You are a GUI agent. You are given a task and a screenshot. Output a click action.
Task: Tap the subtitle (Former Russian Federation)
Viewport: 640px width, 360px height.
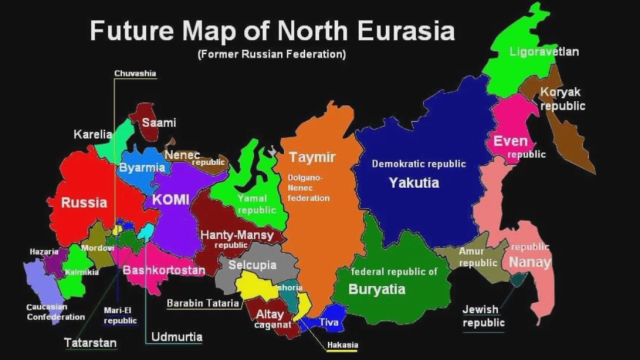[x=272, y=53]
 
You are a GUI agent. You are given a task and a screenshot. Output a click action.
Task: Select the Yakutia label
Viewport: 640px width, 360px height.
[x=414, y=182]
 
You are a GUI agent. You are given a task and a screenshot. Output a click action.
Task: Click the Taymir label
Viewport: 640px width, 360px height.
[x=313, y=158]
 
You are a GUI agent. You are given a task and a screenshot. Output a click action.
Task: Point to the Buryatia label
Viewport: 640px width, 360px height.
[x=377, y=289]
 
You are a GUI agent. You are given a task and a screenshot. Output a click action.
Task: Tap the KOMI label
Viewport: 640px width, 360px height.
[x=170, y=200]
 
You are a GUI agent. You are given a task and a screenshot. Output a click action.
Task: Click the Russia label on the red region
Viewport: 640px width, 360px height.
[x=84, y=203]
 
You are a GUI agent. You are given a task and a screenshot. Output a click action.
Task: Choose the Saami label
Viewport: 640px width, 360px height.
[x=158, y=123]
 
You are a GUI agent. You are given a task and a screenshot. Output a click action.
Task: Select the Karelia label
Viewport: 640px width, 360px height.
[x=93, y=134]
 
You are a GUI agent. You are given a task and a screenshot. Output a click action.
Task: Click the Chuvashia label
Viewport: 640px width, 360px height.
[x=135, y=73]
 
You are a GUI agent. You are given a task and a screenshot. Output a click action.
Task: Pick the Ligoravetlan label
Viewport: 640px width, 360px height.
[x=544, y=51]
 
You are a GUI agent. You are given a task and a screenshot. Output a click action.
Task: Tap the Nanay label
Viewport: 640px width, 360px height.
[x=529, y=262]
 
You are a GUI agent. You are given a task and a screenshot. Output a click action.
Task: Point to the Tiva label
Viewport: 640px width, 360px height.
[x=330, y=322]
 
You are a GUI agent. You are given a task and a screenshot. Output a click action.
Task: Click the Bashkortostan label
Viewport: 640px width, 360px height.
[x=164, y=270]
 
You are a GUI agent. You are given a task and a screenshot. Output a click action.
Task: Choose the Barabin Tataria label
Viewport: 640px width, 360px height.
[x=203, y=302]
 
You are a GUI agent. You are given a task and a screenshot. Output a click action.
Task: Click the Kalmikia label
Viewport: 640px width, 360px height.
[x=81, y=271]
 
